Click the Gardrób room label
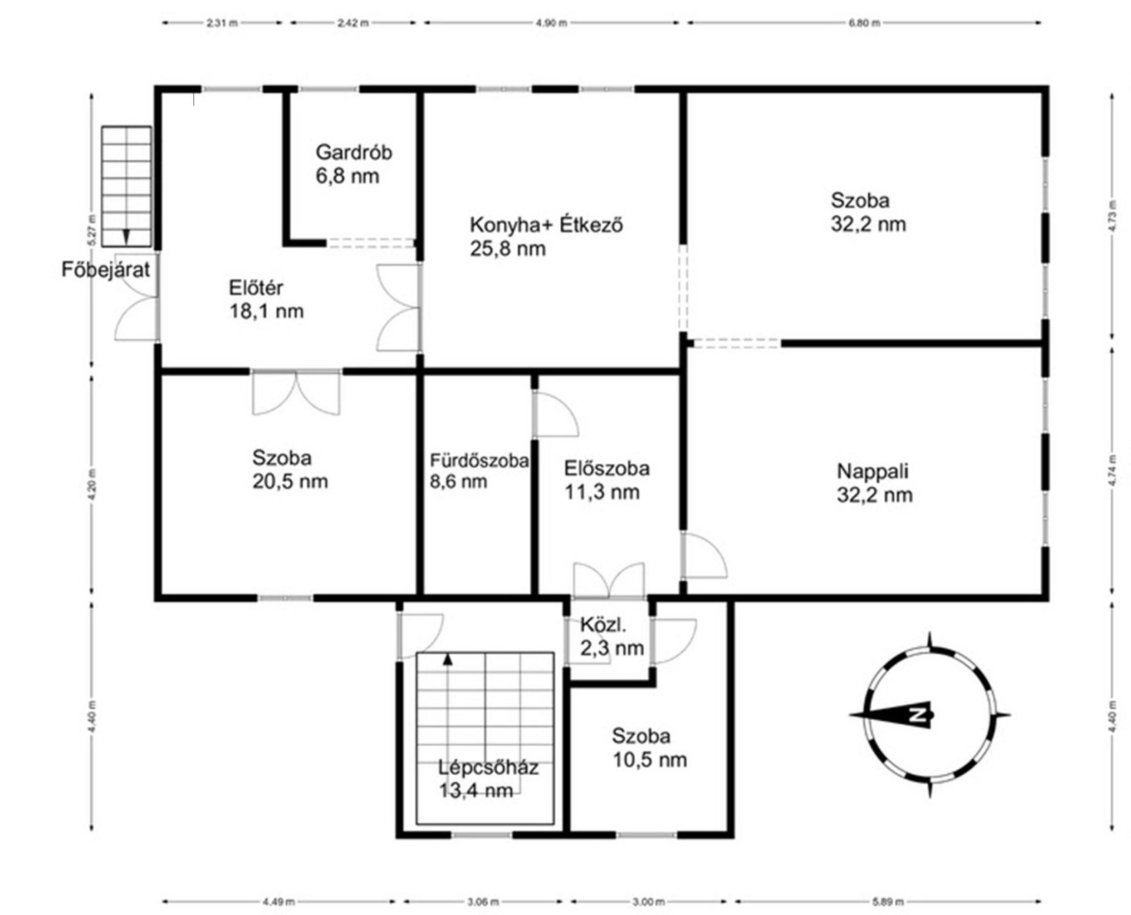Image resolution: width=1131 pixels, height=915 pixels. coord(353,152)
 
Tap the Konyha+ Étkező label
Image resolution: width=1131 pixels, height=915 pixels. coord(547,225)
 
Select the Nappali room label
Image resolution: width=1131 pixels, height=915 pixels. coord(873,471)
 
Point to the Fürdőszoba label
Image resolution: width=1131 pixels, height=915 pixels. coord(479,460)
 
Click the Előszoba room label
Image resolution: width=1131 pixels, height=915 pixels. coord(607,468)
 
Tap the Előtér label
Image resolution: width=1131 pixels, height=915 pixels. coord(256,287)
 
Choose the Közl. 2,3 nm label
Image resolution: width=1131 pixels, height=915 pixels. coord(612,636)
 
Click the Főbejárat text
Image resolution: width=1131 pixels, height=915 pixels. coord(106,270)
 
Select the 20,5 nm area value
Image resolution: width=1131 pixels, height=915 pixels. coord(290,482)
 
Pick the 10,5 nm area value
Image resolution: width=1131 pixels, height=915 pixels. coord(650,760)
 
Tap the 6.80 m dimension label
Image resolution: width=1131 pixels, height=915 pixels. coord(864,23)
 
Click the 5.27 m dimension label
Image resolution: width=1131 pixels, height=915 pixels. coord(92,229)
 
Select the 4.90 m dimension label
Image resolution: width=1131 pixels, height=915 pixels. coord(551,23)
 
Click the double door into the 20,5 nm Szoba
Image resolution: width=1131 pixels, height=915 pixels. coord(295,392)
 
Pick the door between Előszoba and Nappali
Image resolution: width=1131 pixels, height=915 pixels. coord(703,555)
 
